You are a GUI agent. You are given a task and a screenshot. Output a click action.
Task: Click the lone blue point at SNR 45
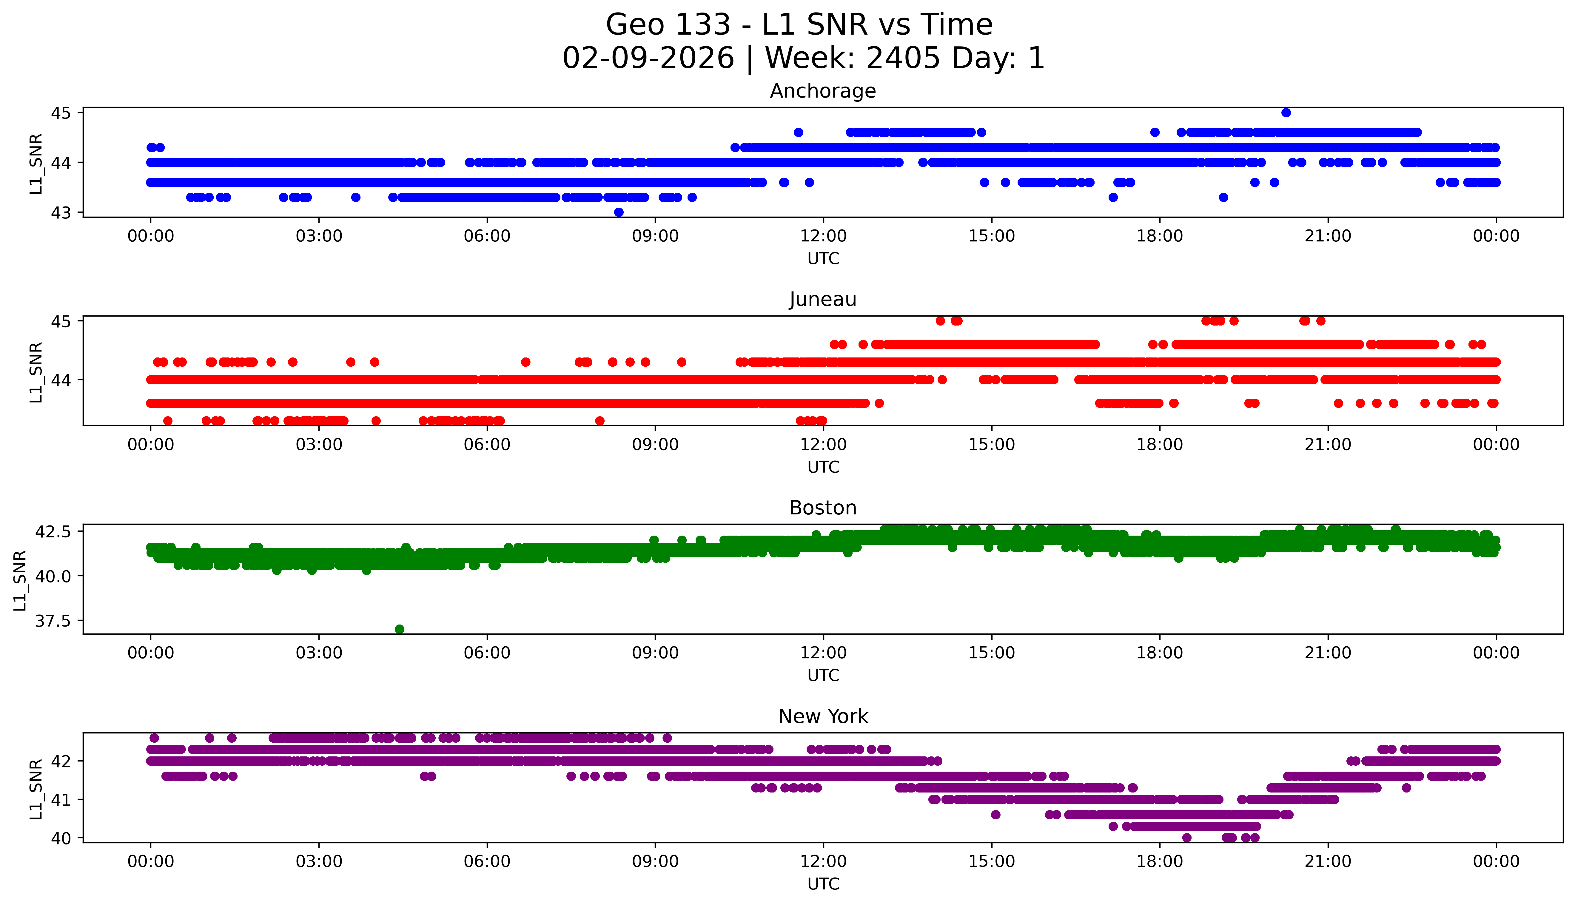(x=1286, y=112)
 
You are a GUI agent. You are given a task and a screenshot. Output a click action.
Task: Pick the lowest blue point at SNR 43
(x=618, y=212)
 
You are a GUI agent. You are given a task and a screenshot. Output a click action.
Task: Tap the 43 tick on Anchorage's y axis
(x=61, y=212)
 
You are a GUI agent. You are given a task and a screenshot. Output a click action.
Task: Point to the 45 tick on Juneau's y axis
(x=61, y=321)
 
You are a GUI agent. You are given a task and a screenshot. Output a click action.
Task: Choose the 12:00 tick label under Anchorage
(x=823, y=236)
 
